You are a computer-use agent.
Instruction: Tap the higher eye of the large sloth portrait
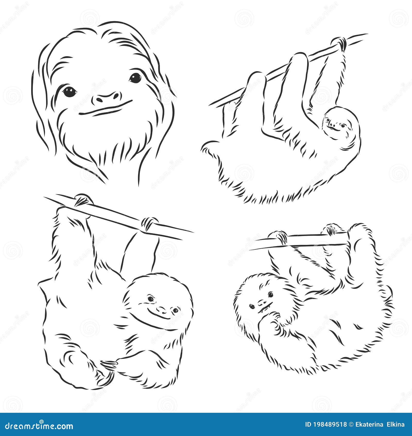click(x=135, y=77)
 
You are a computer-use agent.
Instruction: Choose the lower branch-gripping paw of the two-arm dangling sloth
click(x=149, y=223)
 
